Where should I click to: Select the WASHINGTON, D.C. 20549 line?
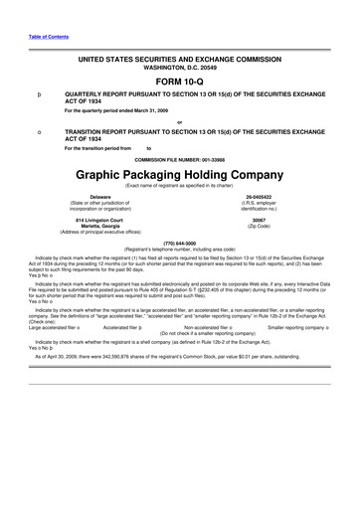click(179, 66)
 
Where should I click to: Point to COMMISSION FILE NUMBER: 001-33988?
click(179, 159)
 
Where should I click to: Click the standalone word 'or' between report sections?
click(179, 122)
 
